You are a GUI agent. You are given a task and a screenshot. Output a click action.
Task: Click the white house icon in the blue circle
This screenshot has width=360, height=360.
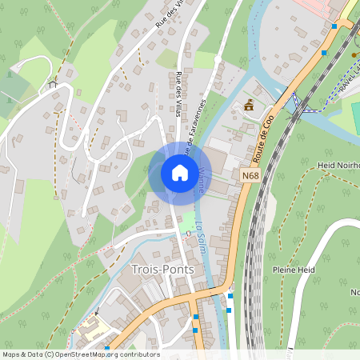(179, 173)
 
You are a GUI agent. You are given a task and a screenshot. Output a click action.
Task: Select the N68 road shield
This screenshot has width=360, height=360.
(249, 174)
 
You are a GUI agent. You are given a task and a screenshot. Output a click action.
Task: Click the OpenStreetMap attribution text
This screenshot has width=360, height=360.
(80, 354)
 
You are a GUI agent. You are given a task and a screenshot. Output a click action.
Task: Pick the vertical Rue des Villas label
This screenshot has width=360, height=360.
(178, 94)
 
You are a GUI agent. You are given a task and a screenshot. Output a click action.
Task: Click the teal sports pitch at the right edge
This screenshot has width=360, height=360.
(355, 115)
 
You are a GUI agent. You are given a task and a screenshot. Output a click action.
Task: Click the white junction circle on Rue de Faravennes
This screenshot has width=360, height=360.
(217, 58)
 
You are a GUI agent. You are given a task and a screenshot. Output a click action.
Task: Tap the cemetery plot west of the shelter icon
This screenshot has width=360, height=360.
(16, 87)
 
